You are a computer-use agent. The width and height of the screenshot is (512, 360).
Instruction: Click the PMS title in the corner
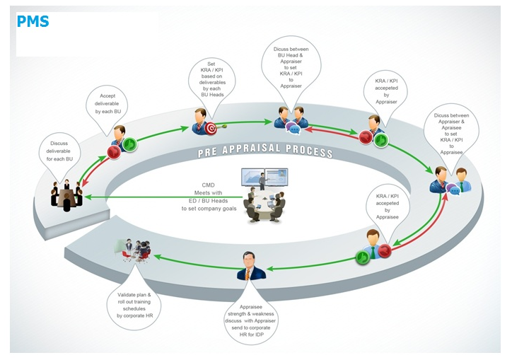click(x=33, y=21)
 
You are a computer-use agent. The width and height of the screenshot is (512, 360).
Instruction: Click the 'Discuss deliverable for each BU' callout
click(x=61, y=147)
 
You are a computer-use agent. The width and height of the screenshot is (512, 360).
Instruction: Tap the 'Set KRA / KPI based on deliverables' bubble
click(x=211, y=78)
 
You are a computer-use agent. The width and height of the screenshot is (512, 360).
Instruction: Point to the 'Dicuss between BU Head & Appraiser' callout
click(x=291, y=67)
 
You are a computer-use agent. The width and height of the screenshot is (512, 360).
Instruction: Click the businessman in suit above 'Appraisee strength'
click(x=250, y=267)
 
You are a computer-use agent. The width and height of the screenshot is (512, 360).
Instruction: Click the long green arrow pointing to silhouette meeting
click(x=163, y=197)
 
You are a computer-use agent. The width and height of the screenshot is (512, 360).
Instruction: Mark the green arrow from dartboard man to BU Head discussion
click(x=248, y=123)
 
